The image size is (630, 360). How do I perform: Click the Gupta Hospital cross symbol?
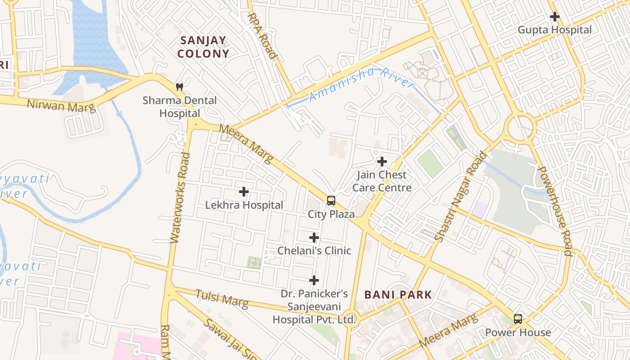(555, 17)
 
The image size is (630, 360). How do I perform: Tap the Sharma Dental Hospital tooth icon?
(180, 87)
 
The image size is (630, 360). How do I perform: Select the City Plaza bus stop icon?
(331, 200)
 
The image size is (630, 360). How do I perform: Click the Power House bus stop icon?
(518, 319)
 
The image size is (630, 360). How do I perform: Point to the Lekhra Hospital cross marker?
(244, 192)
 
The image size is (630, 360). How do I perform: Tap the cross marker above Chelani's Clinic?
(314, 238)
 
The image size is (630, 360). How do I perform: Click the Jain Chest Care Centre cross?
(382, 161)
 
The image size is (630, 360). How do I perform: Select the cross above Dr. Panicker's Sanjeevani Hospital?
(314, 281)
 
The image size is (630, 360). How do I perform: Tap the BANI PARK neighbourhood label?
(398, 295)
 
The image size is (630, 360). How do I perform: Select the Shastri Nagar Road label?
(462, 197)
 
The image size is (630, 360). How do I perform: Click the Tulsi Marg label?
(221, 298)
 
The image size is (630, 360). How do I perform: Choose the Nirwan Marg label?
(61, 106)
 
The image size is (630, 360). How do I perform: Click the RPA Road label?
(262, 36)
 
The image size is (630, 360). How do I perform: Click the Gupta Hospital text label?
(555, 30)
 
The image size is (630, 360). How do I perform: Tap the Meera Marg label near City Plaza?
(246, 144)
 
